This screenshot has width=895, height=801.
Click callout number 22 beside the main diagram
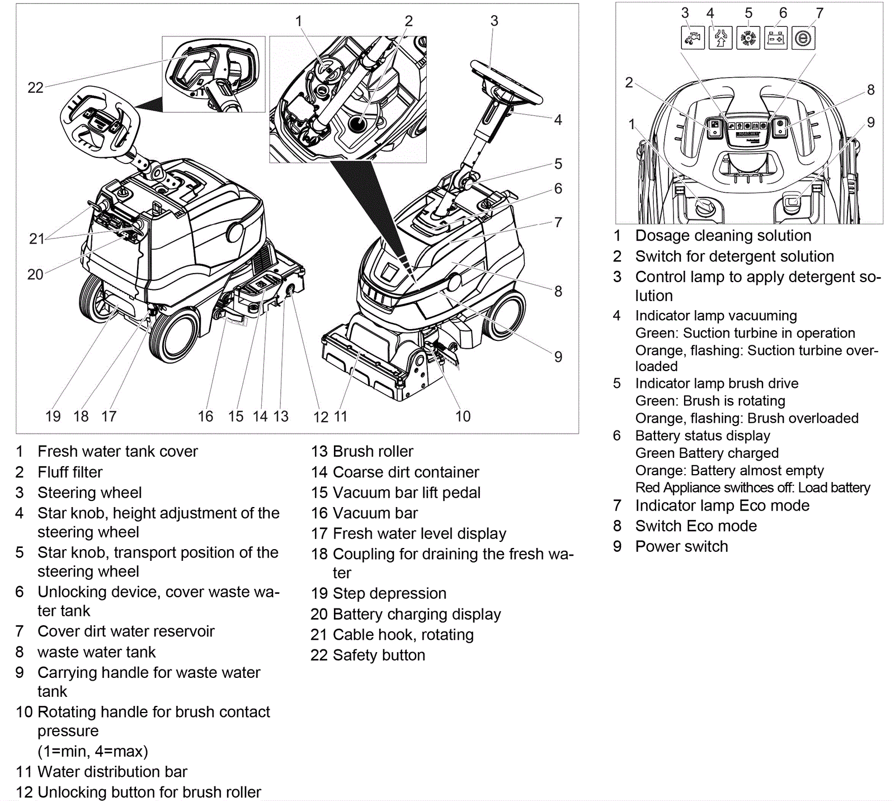tap(35, 88)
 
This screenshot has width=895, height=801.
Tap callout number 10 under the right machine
tap(463, 416)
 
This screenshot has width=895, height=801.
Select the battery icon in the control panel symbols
tap(776, 38)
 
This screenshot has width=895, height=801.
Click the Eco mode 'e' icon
tap(803, 38)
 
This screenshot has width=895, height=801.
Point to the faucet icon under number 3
tap(693, 38)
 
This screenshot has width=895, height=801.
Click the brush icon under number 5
tap(748, 38)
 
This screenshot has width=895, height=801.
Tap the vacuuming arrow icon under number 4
tap(720, 38)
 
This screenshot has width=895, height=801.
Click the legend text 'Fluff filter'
tap(70, 472)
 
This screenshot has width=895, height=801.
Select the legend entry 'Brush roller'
tap(373, 451)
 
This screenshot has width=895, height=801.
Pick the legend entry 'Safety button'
tap(379, 655)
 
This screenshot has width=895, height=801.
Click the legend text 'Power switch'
tap(681, 546)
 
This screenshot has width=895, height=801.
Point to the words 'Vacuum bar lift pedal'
tap(406, 493)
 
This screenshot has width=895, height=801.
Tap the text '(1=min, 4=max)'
tap(93, 751)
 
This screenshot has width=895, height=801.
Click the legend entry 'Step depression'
tap(389, 593)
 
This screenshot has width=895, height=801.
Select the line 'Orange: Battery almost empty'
tap(729, 470)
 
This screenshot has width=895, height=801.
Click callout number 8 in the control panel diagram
tap(870, 90)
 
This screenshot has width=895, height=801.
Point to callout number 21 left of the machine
tap(36, 239)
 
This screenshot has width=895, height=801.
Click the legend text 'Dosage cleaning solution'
tap(723, 236)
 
